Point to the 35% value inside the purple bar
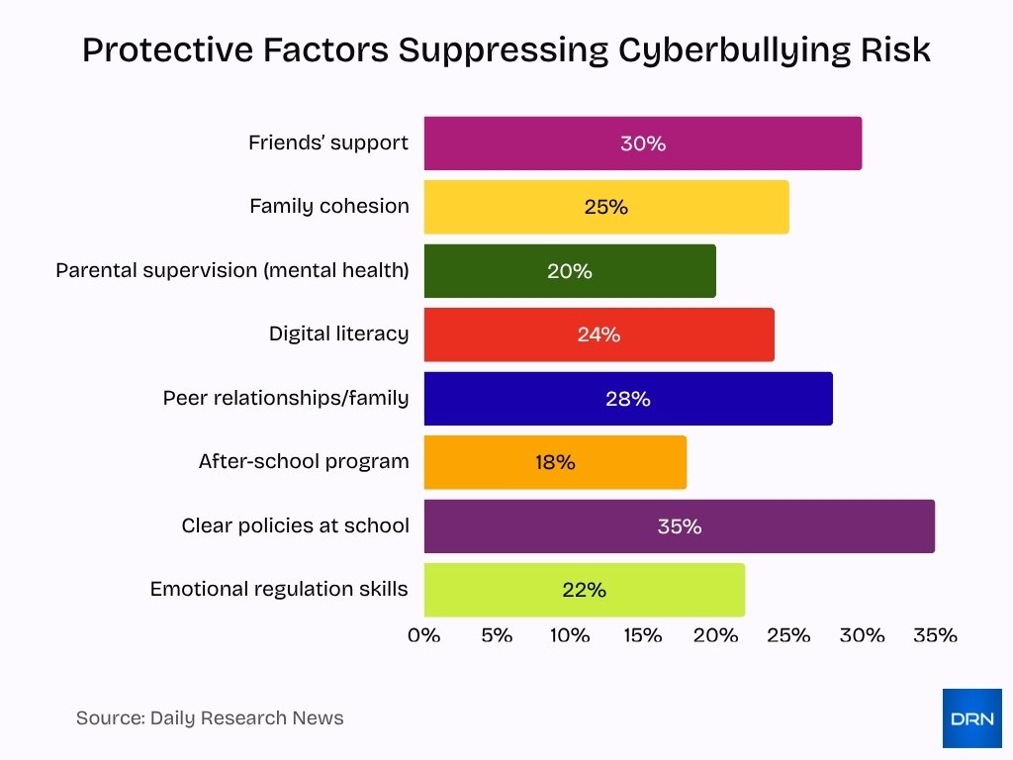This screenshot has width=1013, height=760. pyautogui.click(x=680, y=526)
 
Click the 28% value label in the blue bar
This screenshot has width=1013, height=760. pyautogui.click(x=628, y=399)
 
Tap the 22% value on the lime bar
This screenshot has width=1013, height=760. pyautogui.click(x=584, y=590)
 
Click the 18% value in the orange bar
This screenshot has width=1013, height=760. pyautogui.click(x=555, y=462)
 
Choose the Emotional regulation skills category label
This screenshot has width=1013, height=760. pyautogui.click(x=279, y=590)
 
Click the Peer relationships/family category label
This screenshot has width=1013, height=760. pyautogui.click(x=286, y=399)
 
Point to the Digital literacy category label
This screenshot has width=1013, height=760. pyautogui.click(x=338, y=334)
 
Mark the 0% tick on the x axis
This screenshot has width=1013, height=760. pyautogui.click(x=424, y=635)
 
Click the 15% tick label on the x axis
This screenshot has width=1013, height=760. pyautogui.click(x=643, y=635)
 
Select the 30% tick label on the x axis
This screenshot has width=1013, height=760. pyautogui.click(x=862, y=635)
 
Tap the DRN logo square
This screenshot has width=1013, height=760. pyautogui.click(x=971, y=717)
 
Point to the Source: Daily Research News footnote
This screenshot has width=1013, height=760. pyautogui.click(x=210, y=718)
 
